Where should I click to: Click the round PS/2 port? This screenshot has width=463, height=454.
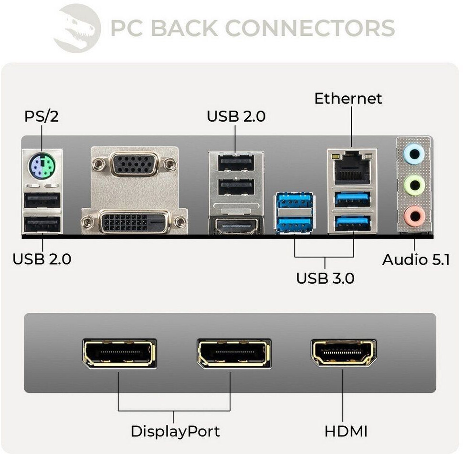(x=42, y=165)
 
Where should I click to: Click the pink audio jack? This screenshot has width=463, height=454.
(x=414, y=216)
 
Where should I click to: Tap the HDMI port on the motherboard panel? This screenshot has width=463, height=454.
(x=236, y=226)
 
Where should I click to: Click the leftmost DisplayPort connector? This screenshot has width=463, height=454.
(x=119, y=353)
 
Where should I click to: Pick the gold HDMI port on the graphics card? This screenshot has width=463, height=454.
(x=344, y=353)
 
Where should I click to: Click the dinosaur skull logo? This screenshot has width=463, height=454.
(x=77, y=28)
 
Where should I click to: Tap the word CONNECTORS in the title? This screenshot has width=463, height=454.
(x=310, y=28)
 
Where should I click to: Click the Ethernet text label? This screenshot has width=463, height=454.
(x=348, y=98)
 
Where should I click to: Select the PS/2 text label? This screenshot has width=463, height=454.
(x=42, y=116)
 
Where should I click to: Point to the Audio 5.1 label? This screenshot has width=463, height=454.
(x=416, y=259)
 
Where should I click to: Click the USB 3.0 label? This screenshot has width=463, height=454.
(x=325, y=278)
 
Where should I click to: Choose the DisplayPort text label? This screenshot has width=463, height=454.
(x=175, y=431)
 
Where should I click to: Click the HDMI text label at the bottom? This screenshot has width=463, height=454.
(x=346, y=431)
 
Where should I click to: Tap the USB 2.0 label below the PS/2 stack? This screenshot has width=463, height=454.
(x=42, y=258)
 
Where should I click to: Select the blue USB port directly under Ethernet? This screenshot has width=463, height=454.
(x=353, y=199)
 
